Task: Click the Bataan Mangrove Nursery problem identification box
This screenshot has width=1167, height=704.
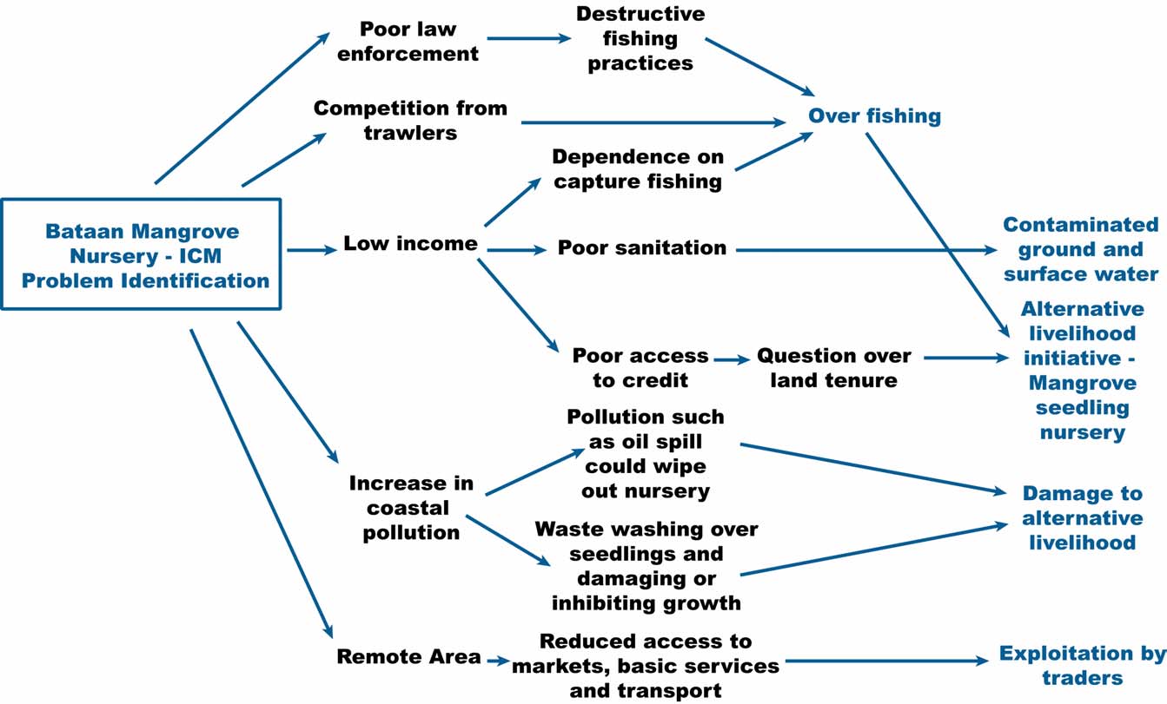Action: point(142,255)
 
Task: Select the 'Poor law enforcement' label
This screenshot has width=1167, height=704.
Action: point(408,41)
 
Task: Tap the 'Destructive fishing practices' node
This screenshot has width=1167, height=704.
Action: point(640,39)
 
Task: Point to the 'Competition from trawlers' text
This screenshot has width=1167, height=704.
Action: point(409,121)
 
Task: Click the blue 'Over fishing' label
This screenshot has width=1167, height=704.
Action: point(874,115)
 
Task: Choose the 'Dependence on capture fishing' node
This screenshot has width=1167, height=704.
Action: point(639,169)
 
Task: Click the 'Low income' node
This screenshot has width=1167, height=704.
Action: point(410,244)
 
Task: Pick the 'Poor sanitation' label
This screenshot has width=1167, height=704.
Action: point(641,248)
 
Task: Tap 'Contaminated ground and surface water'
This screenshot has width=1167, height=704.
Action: point(1081,250)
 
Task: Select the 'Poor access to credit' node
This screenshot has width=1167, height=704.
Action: point(640,368)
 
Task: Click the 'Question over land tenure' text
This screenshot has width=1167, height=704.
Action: point(833,368)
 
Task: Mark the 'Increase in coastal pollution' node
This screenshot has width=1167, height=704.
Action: point(410,508)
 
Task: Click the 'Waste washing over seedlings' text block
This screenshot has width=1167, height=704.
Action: point(646,566)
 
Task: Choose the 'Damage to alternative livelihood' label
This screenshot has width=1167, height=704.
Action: point(1082,518)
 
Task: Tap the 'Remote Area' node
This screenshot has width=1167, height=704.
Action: point(408,657)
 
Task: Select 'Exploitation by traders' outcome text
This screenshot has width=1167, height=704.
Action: point(1082,666)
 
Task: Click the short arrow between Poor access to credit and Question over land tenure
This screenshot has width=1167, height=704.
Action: point(732,359)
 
